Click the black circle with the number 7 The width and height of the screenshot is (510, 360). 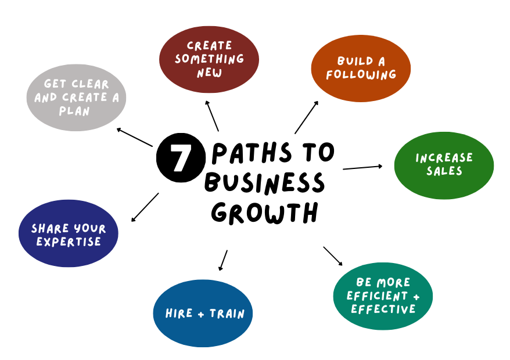(181, 156)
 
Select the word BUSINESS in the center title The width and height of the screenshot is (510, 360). (264, 183)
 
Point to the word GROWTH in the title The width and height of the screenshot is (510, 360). (265, 213)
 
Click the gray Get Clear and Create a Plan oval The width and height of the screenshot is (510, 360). (76, 98)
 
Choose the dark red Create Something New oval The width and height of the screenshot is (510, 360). (209, 59)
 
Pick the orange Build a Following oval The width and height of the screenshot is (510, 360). (361, 68)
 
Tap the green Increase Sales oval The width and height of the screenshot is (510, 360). (444, 165)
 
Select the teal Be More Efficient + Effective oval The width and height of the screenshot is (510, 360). (383, 296)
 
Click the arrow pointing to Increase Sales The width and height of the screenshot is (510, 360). (362, 167)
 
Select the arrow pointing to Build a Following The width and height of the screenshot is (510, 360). (306, 117)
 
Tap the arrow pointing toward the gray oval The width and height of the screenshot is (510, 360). (134, 137)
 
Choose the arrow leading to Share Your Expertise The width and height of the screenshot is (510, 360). (145, 207)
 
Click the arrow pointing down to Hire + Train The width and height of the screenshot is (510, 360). (223, 260)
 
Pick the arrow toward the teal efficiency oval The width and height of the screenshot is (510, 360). (333, 256)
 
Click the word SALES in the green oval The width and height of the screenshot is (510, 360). (444, 171)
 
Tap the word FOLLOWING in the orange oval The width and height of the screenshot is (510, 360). (361, 75)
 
